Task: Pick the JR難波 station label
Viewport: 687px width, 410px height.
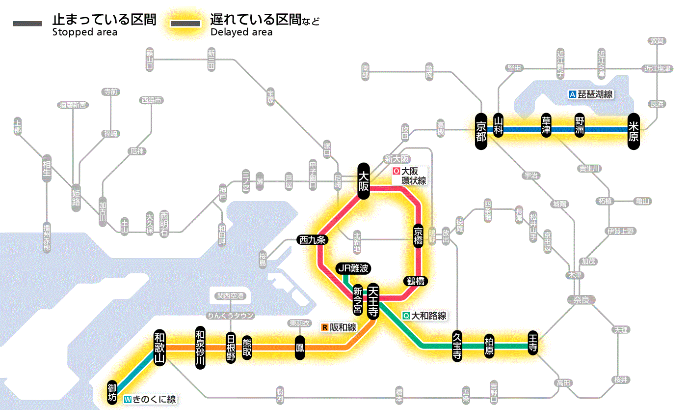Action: (353, 268)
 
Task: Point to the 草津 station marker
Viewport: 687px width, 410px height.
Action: (546, 126)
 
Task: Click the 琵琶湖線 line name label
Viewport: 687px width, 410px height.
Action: (591, 94)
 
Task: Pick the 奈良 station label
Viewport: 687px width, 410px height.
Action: (581, 299)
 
